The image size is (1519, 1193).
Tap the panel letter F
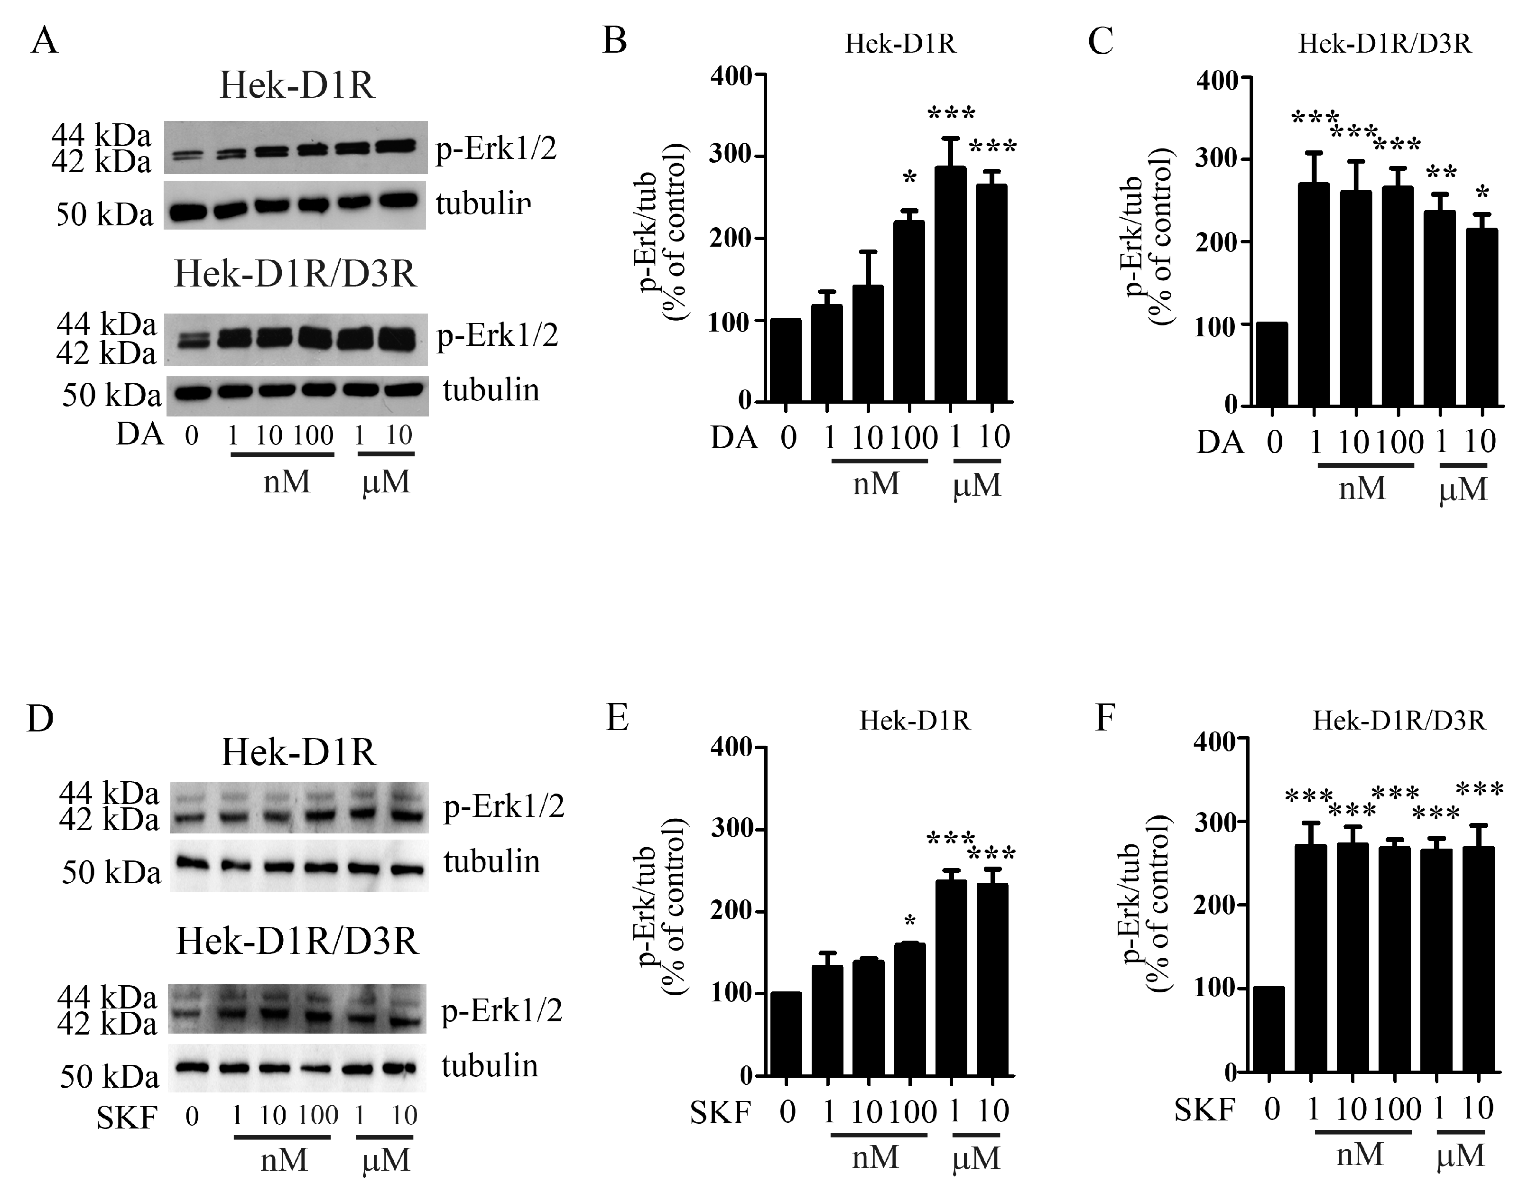pos(1105,717)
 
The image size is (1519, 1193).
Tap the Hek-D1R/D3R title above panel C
pos(1384,44)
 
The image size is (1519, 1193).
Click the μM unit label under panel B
pos(976,485)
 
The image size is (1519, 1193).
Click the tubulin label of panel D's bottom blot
pos(490,1066)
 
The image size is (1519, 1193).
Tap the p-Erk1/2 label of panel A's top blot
pos(496,149)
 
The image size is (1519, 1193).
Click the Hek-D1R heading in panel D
pos(299,753)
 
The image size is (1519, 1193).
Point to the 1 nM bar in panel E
pos(827,1020)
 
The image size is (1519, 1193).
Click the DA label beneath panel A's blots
pos(139,435)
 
